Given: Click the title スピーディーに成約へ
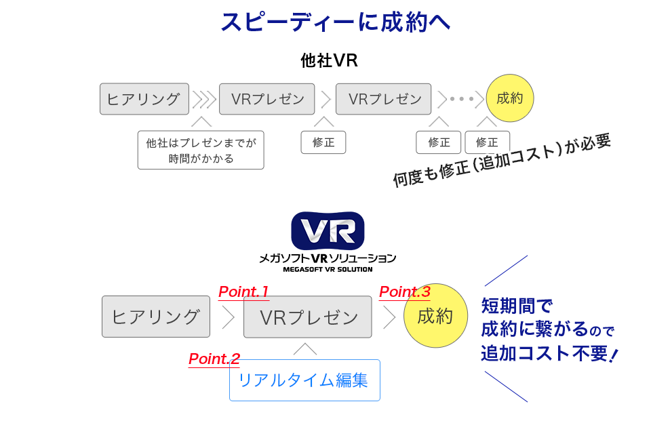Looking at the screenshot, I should click(x=336, y=21).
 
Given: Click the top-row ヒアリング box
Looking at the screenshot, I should click(x=143, y=99).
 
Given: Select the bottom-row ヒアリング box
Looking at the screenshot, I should click(x=155, y=316).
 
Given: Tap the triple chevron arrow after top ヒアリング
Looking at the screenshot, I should click(x=203, y=100).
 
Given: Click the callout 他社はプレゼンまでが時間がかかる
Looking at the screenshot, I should click(x=200, y=150).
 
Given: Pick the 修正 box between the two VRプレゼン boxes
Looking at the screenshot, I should click(x=323, y=142).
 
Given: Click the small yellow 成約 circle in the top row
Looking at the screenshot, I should click(x=510, y=98).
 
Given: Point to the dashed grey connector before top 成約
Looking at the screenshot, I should click(x=462, y=99).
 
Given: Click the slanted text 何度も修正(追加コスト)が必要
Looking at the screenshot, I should click(x=502, y=161).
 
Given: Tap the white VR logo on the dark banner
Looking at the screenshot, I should click(x=328, y=230).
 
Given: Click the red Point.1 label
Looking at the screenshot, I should click(x=243, y=292).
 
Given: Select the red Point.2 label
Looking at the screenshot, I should click(x=214, y=359).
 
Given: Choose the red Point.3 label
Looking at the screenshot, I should click(x=404, y=292).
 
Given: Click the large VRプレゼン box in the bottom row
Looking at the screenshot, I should click(x=308, y=317).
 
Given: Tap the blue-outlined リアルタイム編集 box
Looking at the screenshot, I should click(x=304, y=380).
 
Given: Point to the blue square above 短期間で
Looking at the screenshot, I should click(x=505, y=270).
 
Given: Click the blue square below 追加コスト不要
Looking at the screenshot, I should click(x=505, y=386).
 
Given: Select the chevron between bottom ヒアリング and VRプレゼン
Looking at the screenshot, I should click(x=228, y=317).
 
